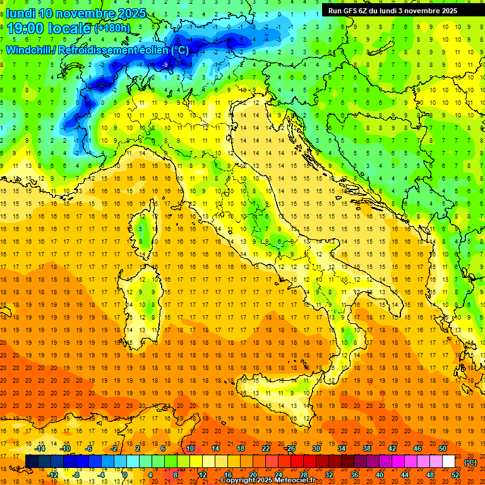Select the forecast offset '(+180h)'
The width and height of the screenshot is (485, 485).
113,28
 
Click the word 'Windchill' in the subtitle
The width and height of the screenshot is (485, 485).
28,50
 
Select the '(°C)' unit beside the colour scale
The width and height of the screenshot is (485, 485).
470,462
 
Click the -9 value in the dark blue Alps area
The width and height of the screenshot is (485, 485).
165,64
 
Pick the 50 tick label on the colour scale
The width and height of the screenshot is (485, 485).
442,448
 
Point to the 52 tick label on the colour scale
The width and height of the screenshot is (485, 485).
455,475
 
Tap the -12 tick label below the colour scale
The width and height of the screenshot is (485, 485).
52,475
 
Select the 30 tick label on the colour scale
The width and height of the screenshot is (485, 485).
316,448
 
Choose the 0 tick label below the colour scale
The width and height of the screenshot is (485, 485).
125,475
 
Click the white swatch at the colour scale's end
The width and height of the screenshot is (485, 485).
448,462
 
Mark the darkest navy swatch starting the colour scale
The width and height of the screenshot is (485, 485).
32,462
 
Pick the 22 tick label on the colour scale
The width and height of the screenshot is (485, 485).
265,448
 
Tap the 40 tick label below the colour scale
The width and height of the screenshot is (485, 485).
379,475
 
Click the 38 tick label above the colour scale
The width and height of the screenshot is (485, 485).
366,448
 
